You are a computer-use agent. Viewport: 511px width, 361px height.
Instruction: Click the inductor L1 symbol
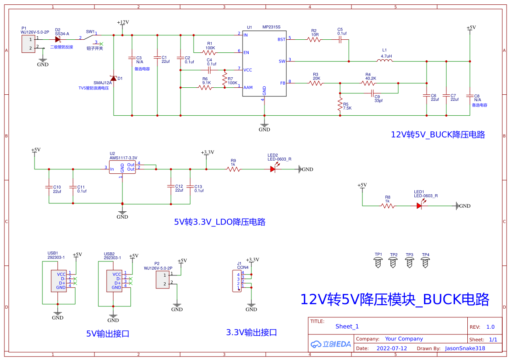(385, 61)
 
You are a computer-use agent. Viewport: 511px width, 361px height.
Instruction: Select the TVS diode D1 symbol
(114, 79)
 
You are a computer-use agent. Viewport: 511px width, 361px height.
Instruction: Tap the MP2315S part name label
(271, 27)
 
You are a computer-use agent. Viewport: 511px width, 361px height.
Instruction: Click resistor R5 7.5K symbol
(340, 105)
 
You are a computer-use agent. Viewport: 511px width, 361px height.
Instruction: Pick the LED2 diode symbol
(273, 169)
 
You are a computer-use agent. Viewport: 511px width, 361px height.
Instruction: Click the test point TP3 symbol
(410, 262)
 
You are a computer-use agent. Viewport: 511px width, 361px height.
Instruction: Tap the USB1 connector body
(59, 281)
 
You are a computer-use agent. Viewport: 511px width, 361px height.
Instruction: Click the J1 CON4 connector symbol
(236, 281)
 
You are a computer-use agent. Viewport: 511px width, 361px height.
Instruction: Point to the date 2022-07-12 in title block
(391, 348)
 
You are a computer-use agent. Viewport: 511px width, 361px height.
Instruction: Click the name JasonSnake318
(465, 348)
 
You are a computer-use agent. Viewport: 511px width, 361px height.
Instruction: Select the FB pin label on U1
(282, 83)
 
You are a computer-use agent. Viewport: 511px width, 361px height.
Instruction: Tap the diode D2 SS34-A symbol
(57, 39)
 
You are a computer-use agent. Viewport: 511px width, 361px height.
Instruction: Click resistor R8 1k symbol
(388, 206)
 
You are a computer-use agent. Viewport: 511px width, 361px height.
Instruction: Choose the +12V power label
(123, 22)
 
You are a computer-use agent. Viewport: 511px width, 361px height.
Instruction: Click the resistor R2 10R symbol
(314, 39)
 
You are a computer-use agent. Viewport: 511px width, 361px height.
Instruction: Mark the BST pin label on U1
(282, 39)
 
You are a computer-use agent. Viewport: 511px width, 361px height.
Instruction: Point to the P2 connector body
(163, 279)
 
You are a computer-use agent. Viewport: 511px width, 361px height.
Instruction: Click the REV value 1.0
(490, 327)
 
